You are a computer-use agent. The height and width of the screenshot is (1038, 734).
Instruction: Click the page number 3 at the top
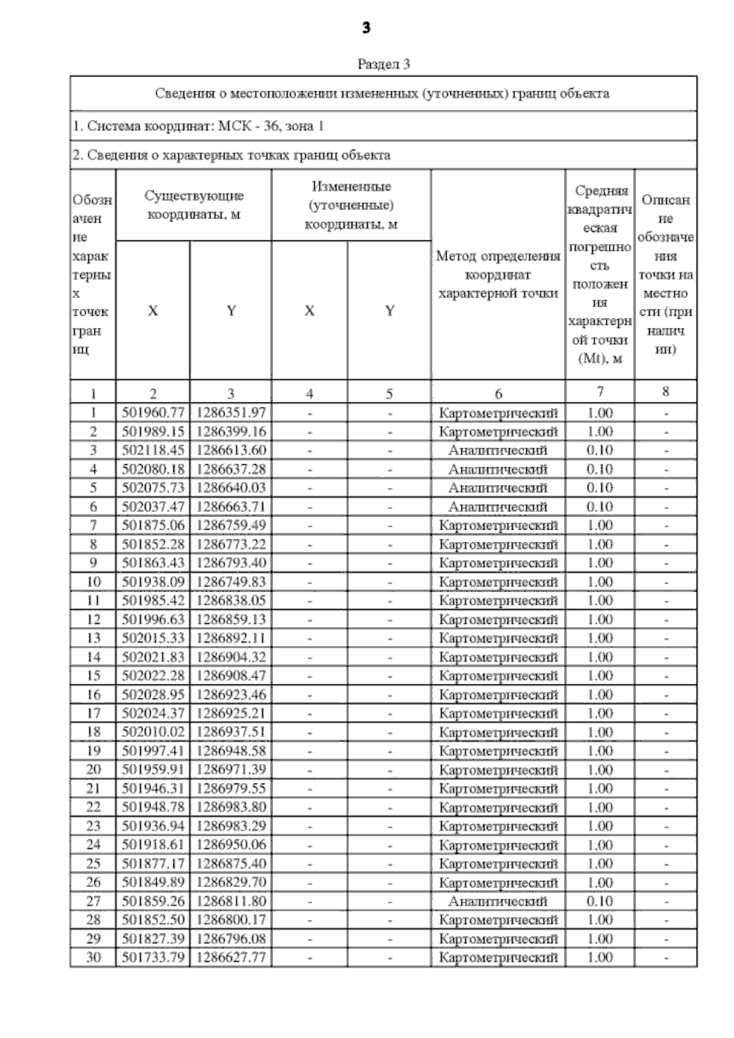366,28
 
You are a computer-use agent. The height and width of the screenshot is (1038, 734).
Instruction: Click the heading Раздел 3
384,64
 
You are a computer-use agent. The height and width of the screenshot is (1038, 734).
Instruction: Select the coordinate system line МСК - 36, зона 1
198,127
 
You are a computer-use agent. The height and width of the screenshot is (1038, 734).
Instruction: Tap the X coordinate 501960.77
153,413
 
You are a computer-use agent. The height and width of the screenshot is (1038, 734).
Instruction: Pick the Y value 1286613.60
231,450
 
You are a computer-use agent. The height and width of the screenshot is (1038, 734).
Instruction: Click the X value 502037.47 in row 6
153,506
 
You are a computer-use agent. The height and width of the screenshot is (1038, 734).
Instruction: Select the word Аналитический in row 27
498,901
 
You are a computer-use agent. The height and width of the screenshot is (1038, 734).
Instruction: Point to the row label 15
93,676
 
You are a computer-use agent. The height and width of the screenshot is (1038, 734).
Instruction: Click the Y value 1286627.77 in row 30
231,957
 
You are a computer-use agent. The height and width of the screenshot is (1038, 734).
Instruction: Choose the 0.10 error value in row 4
599,469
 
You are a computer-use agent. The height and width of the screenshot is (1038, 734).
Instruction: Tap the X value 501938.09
153,582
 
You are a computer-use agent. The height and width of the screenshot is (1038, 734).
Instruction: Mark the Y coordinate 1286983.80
231,807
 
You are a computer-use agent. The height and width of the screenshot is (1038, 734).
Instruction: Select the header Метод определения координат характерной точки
498,275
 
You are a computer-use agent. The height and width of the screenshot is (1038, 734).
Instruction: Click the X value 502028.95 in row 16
153,695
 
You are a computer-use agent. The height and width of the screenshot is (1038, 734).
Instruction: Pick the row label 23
93,826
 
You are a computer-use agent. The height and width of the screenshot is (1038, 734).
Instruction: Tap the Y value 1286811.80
231,901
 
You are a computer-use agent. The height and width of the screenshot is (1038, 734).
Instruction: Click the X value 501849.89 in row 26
153,882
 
